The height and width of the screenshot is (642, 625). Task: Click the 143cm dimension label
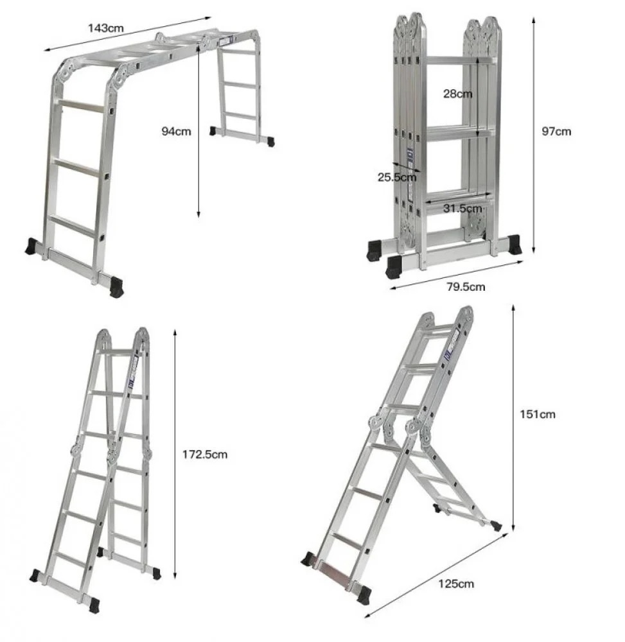(106, 28)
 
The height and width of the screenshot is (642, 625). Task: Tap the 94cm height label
(176, 132)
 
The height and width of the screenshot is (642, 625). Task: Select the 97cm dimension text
(556, 132)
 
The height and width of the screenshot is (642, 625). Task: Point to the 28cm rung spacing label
(457, 94)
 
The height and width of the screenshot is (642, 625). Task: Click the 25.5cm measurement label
(397, 177)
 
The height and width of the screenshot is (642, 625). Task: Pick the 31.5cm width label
(462, 209)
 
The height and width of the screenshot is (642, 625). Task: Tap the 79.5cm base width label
(466, 286)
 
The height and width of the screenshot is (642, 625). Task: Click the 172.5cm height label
(205, 455)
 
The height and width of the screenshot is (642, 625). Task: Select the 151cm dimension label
(538, 414)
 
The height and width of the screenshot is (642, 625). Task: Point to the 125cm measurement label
(456, 584)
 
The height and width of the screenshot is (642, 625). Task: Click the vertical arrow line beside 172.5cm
(175, 454)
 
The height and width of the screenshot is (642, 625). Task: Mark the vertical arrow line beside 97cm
(533, 135)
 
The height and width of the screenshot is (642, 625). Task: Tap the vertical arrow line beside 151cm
(513, 418)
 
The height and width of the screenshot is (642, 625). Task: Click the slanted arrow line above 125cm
(437, 575)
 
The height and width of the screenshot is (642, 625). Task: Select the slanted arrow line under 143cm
(127, 34)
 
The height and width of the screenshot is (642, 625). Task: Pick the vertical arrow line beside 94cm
(198, 131)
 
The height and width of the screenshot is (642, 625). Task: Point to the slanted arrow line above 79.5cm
(457, 275)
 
